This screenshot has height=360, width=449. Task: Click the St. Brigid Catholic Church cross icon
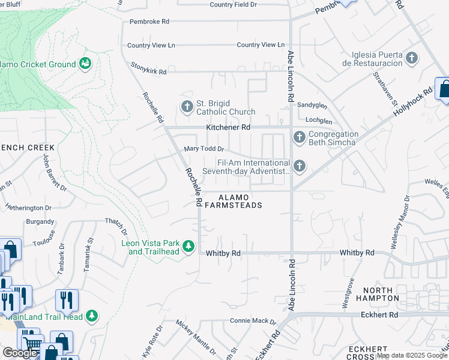tap(187, 107)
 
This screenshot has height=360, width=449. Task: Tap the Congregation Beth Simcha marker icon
tap(299, 138)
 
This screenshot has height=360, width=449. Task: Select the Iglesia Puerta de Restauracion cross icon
tap(412, 58)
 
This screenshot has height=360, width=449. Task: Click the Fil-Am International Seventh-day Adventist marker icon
tap(299, 166)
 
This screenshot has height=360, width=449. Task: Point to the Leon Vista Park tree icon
tap(188, 247)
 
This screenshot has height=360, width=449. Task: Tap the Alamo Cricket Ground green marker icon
tap(85, 64)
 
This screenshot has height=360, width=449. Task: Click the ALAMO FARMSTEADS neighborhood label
tap(233, 201)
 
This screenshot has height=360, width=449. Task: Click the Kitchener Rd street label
tap(228, 127)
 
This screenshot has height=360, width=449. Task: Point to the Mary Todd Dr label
tap(203, 149)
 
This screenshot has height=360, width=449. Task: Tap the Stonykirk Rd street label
tap(148, 71)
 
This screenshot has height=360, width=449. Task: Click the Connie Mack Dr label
tap(253, 322)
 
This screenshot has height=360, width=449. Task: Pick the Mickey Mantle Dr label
tap(195, 337)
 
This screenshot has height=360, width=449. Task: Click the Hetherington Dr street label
tap(33, 208)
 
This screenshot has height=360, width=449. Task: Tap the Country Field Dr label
tap(233, 5)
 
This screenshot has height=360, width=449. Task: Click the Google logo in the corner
tap(20, 353)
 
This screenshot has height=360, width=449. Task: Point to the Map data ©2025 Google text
tap(412, 355)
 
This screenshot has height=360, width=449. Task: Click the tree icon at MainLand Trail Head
tap(91, 315)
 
